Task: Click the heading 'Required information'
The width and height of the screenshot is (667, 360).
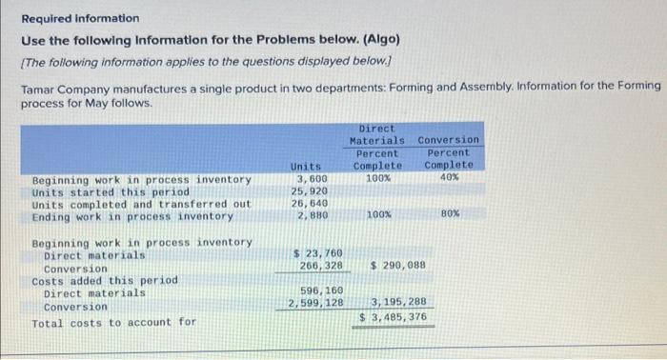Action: (x=80, y=18)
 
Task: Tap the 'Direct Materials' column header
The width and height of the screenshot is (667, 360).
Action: (x=377, y=134)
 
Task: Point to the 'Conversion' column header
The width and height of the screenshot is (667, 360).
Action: (x=449, y=140)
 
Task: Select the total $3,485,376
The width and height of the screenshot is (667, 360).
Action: (x=393, y=317)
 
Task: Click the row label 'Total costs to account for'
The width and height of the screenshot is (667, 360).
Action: (x=113, y=323)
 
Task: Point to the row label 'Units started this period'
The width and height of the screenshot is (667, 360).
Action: (x=111, y=191)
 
